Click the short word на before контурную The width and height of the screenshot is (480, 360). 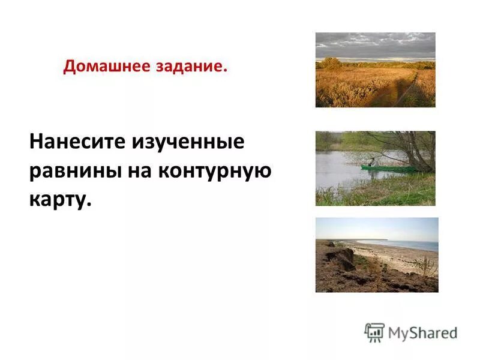tap(139, 171)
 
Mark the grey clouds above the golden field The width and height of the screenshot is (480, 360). tap(375, 45)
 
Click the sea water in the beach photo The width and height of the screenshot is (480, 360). tap(414, 245)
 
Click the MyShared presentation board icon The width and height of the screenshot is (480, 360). tap(374, 332)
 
